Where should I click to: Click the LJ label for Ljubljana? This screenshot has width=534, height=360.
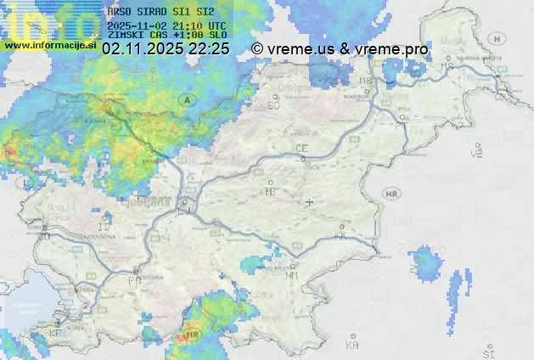(x=185, y=211)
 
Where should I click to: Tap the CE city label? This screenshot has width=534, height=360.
(x=301, y=149)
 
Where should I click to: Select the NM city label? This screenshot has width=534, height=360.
(x=292, y=275)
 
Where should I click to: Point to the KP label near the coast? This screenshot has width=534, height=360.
(x=56, y=333)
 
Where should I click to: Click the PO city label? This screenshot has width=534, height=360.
(x=133, y=279)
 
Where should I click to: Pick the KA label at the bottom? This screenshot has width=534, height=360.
(x=352, y=346)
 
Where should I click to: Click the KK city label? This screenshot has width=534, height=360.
(x=341, y=237)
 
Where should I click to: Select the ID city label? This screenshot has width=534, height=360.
(x=104, y=228)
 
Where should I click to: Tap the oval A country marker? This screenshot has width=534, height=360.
(x=186, y=99)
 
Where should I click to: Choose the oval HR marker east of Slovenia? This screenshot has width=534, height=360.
(x=391, y=194)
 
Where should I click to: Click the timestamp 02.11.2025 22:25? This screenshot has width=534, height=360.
(x=165, y=49)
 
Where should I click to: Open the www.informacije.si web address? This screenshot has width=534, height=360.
(x=48, y=45)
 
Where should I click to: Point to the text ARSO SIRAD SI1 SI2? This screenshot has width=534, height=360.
(x=161, y=13)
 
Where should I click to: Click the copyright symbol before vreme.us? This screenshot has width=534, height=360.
(x=257, y=49)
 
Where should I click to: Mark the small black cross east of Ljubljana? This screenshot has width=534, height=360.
(x=309, y=202)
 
